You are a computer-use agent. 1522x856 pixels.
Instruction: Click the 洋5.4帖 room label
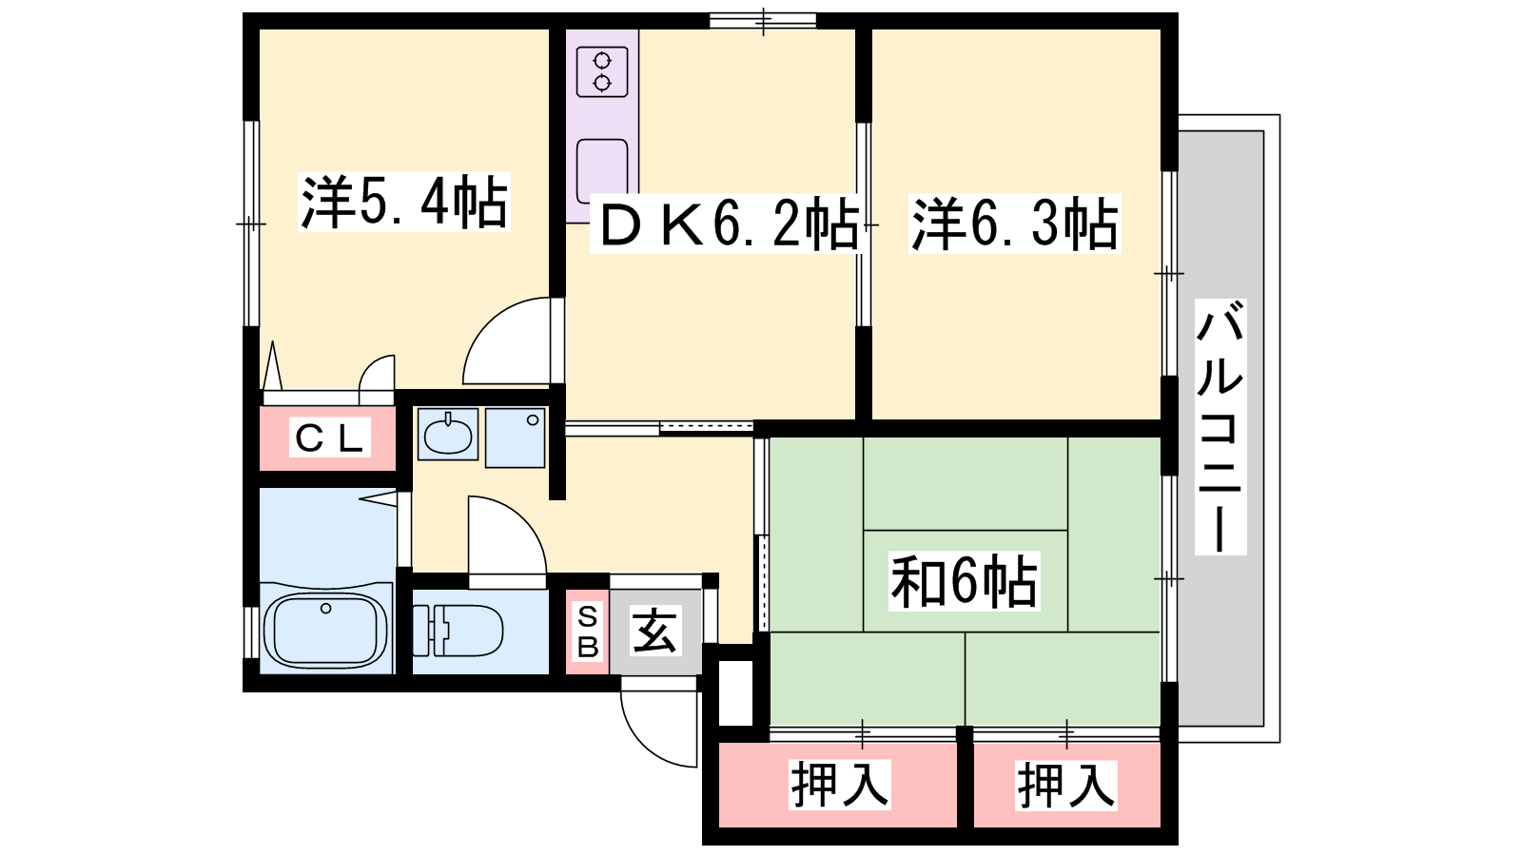tap(404, 202)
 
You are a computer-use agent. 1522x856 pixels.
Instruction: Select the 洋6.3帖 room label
tap(1014, 224)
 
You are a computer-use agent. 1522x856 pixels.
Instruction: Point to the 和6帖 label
tap(965, 581)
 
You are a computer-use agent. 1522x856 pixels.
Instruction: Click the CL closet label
tap(329, 438)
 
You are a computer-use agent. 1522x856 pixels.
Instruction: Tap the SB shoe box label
tap(588, 632)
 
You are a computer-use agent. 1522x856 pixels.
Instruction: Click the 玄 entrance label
tap(654, 631)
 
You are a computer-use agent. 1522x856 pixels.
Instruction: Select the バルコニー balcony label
tap(1220, 427)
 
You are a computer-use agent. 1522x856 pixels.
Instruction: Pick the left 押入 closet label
tap(839, 785)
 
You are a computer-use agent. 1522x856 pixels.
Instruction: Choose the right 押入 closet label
tap(1065, 785)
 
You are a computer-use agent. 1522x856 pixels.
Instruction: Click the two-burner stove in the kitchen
tap(602, 72)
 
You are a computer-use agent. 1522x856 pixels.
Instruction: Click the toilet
tap(458, 631)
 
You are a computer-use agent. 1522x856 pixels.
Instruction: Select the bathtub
tap(326, 632)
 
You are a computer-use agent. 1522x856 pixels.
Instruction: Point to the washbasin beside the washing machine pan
tap(447, 435)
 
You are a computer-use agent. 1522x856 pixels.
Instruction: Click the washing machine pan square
tap(515, 438)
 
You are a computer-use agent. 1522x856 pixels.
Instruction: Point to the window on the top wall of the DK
tap(763, 20)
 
